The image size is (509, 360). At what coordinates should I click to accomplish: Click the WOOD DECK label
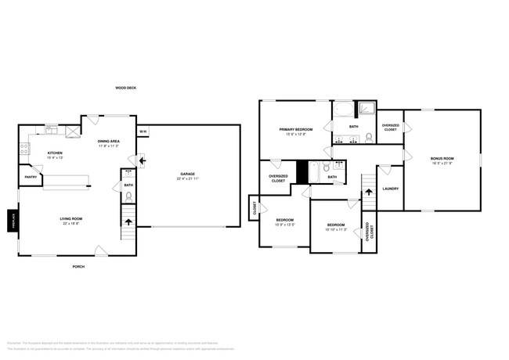[x=125, y=88]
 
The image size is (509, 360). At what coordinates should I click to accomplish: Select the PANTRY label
[x=31, y=177]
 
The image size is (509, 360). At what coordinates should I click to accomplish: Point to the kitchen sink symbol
[x=51, y=128]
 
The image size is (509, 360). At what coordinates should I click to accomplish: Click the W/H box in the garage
[x=143, y=131]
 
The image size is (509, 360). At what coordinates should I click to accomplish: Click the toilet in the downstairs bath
[x=128, y=196]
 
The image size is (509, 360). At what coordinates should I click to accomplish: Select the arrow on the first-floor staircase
[x=128, y=222]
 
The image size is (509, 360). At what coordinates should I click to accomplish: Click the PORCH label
[x=78, y=267]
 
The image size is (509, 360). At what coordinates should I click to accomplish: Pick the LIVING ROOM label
[x=71, y=218]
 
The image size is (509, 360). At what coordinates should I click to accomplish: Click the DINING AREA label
[x=108, y=142]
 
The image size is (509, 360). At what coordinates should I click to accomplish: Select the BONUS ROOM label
[x=442, y=159]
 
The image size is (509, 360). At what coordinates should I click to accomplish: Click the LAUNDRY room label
[x=390, y=189]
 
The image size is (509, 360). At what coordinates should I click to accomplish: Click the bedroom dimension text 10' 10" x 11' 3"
[x=337, y=229]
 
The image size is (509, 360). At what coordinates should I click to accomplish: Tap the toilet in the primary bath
[x=368, y=139]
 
